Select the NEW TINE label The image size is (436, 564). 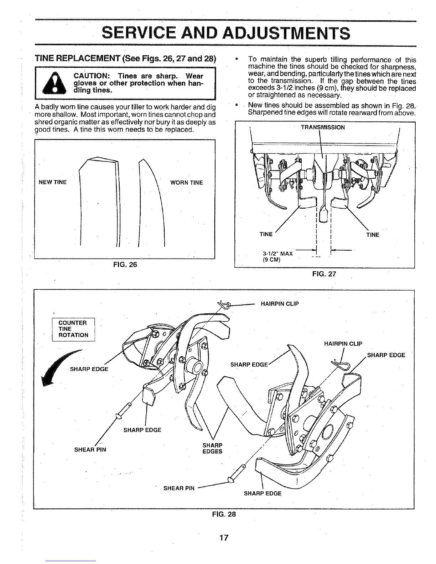click(x=52, y=183)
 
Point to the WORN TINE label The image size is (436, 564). click(x=186, y=183)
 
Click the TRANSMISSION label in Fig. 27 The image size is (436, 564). click(x=323, y=127)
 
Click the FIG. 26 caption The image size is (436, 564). click(x=125, y=265)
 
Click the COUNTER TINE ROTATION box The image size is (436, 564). click(x=73, y=329)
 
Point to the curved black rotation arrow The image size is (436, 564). click(x=57, y=367)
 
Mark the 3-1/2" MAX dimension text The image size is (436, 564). click(x=277, y=254)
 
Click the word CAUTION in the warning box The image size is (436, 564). click(x=93, y=76)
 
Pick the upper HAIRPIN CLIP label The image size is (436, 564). click(x=280, y=304)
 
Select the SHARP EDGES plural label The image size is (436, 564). click(x=212, y=448)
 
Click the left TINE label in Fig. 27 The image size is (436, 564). click(x=266, y=234)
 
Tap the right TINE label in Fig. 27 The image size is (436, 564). click(x=373, y=235)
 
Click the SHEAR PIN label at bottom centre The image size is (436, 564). click(x=179, y=488)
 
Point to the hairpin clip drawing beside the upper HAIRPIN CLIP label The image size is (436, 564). click(x=225, y=303)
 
